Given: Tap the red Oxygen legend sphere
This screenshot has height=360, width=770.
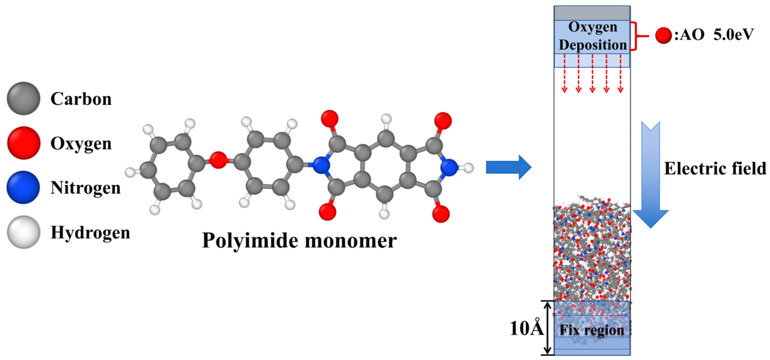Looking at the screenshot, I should point(23,143).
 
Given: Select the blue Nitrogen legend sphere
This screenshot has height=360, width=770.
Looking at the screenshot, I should point(23,187).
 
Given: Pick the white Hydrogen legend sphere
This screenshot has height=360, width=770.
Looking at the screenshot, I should point(23,232).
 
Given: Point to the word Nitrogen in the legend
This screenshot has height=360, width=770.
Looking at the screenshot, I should point(85,188).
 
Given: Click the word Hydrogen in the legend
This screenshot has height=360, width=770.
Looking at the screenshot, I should point(90,233).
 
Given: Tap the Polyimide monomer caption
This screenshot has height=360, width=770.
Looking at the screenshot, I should point(299,241).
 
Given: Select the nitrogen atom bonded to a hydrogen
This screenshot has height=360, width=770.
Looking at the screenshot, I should point(449,167).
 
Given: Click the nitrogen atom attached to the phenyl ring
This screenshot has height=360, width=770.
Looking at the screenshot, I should point(321,165).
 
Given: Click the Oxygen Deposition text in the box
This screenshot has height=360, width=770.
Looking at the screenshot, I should point(592,36).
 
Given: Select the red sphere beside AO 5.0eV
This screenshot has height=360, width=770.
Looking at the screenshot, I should point(663,36).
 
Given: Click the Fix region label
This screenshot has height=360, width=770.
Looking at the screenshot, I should point(592,330).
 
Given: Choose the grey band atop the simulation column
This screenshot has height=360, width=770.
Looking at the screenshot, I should point(592,13).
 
